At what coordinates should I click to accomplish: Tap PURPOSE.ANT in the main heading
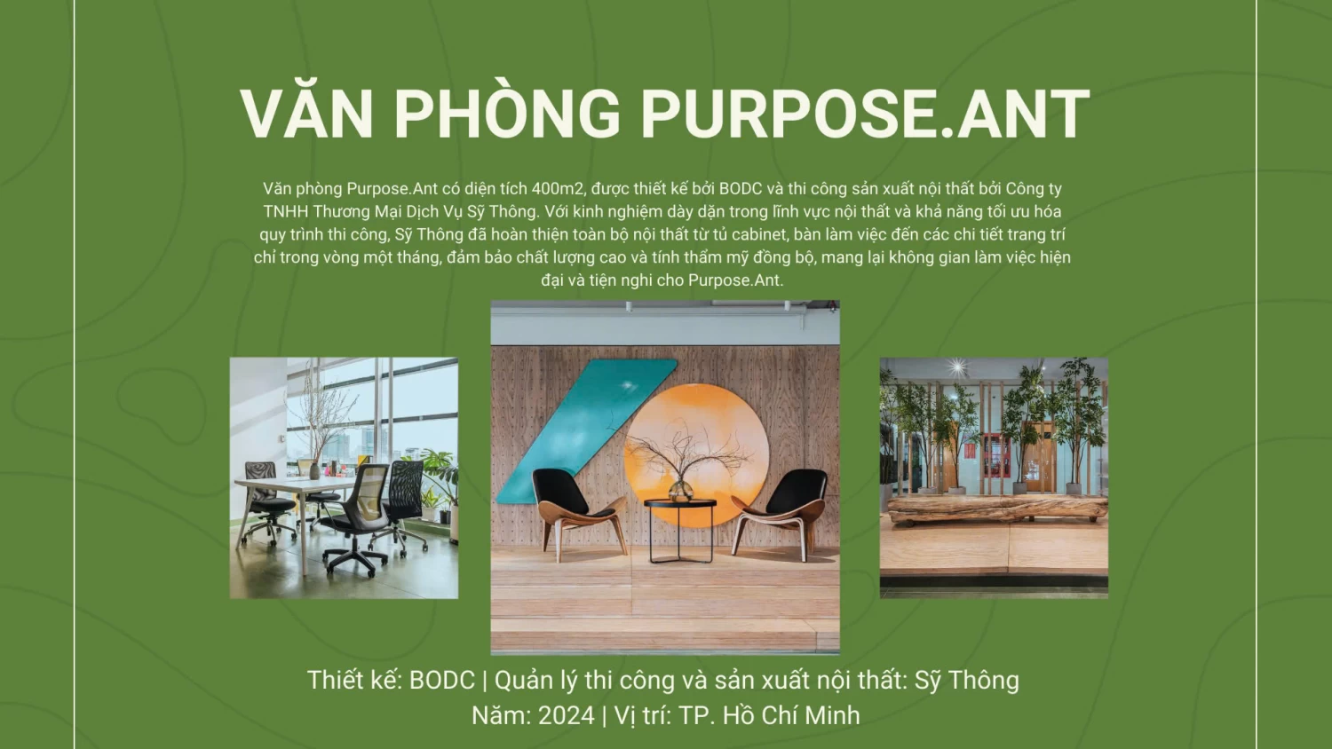pyautogui.click(x=865, y=114)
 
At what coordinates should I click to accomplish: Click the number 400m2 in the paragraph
pyautogui.click(x=557, y=188)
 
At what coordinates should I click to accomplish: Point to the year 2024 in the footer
pyautogui.click(x=567, y=715)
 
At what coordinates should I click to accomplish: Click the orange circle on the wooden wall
pyautogui.click(x=695, y=454)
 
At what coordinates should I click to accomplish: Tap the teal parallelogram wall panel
pyautogui.click(x=586, y=431)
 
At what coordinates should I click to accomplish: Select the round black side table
pyautogui.click(x=680, y=531)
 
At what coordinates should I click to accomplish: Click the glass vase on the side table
pyautogui.click(x=680, y=490)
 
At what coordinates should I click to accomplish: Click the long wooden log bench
pyautogui.click(x=996, y=509)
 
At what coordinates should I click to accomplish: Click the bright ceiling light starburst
pyautogui.click(x=956, y=367)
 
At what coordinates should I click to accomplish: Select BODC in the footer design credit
pyautogui.click(x=442, y=680)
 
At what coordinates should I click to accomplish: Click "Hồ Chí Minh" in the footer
pyautogui.click(x=791, y=715)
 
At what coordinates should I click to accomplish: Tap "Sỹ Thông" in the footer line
pyautogui.click(x=967, y=681)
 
